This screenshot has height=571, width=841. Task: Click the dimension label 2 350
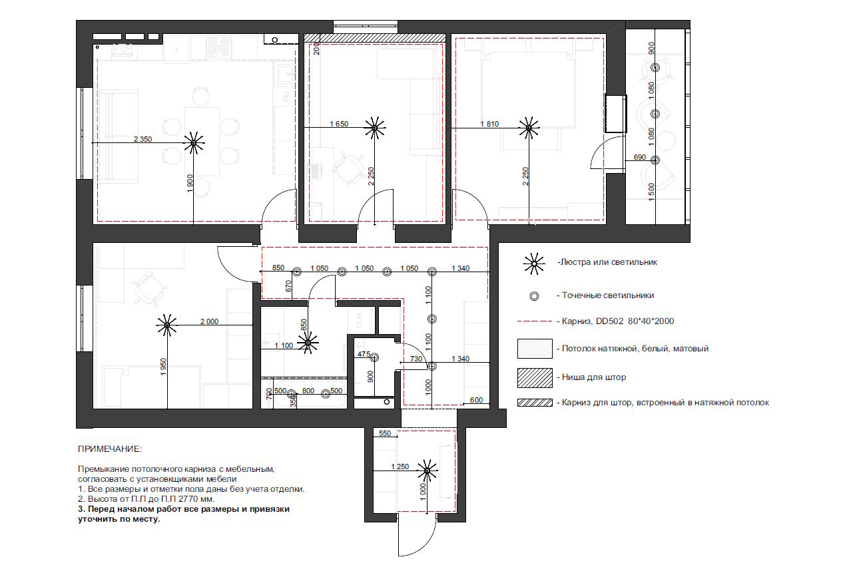pos(142,139)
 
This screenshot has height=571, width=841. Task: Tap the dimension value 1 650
pos(339,124)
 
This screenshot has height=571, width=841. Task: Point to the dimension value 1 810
pos(489,124)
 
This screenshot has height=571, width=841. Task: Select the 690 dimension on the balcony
pos(640,157)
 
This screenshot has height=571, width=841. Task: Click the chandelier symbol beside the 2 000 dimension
pos(167,325)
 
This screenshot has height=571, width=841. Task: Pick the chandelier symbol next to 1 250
pos(427,470)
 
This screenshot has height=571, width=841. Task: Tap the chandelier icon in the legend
pos(534,264)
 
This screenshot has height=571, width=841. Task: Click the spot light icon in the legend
pos(534,296)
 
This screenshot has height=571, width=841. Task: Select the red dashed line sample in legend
pos(535,321)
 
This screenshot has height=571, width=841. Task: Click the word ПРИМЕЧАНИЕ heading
pos(110,449)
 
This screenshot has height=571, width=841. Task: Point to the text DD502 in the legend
pos(609,321)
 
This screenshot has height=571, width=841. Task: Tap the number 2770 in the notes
pos(189,499)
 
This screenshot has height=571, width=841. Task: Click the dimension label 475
pos(364,354)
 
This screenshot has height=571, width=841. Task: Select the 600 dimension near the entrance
pos(476,400)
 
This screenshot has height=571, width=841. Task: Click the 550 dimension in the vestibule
pos(385,433)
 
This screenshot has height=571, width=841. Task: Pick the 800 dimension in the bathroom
pos(308,391)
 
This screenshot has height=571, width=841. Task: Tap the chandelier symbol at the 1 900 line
pos(194,143)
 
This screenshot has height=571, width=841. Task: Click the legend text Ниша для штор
pos(593,377)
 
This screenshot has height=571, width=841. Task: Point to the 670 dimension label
pos(288,286)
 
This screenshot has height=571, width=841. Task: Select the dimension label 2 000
pos(209,321)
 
